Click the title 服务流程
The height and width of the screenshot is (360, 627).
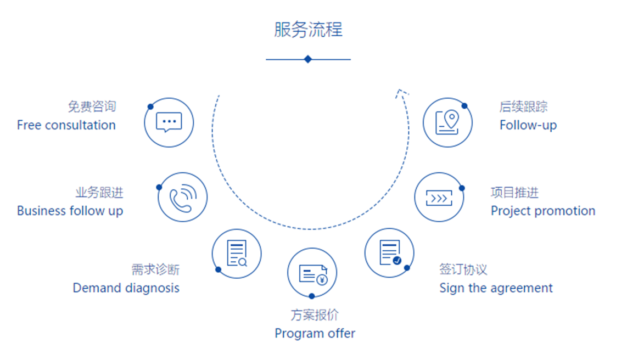[x=309, y=30]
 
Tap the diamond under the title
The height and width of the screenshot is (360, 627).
[x=308, y=59]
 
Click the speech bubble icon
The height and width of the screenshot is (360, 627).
[x=169, y=122]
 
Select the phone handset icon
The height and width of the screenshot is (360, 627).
[x=183, y=198]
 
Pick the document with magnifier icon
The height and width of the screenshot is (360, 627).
[x=237, y=254]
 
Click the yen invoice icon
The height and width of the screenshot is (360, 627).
[x=313, y=275]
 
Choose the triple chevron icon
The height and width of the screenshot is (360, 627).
[x=439, y=198]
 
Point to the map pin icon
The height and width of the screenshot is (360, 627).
[x=447, y=122]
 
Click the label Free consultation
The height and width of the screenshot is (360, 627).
[x=66, y=125]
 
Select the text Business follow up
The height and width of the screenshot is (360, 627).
[x=70, y=211]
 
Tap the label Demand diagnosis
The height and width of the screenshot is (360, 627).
[x=126, y=288]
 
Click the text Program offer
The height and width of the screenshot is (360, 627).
[x=315, y=333]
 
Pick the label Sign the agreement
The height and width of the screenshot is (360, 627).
[x=496, y=288]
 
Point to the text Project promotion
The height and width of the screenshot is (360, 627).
[x=543, y=211]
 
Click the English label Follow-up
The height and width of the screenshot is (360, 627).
[x=528, y=125]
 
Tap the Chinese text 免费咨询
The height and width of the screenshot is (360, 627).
[x=92, y=106]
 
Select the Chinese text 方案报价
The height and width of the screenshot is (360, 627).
[x=315, y=315]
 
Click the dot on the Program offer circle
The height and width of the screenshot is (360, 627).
[x=312, y=296]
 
